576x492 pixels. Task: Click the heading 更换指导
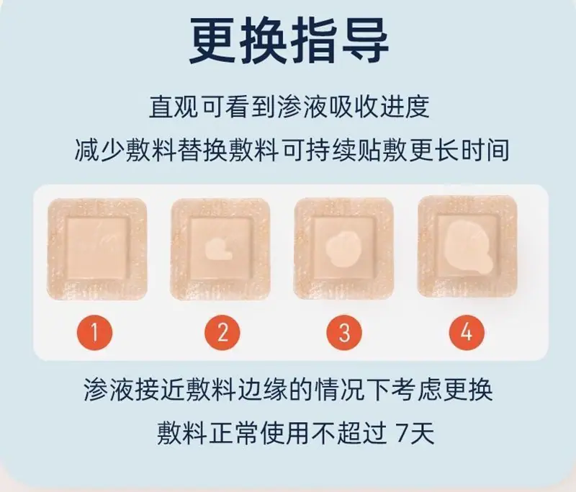click(289, 40)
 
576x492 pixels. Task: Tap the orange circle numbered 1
click(94, 333)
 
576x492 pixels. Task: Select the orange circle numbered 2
click(222, 333)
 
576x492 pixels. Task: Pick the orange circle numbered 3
click(344, 333)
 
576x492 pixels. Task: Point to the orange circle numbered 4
click(467, 333)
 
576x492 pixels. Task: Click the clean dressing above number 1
click(97, 249)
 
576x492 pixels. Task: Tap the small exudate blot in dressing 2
click(218, 249)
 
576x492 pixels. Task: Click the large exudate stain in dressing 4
click(467, 249)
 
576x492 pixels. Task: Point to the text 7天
click(416, 433)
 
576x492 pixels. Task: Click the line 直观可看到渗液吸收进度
click(289, 107)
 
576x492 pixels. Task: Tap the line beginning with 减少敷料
click(292, 151)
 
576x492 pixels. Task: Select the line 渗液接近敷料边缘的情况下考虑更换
click(289, 390)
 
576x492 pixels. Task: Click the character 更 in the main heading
click(213, 40)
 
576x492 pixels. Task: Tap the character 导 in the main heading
click(366, 40)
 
